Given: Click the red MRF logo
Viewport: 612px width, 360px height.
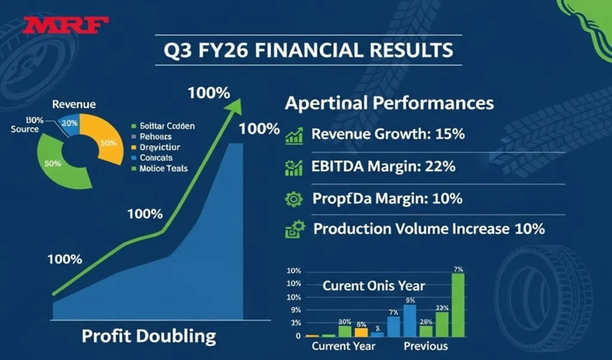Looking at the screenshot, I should (x=66, y=26).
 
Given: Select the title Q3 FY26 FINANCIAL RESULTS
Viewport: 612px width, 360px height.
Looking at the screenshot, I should (x=308, y=50).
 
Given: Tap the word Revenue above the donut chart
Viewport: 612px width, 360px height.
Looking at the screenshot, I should (x=74, y=104).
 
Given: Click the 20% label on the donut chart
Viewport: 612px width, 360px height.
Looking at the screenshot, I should (x=71, y=123).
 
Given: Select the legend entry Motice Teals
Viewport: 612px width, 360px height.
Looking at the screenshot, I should (x=163, y=169).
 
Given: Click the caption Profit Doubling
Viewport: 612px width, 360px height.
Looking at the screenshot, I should (x=148, y=336).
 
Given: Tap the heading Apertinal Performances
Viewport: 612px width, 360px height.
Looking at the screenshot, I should (x=389, y=103).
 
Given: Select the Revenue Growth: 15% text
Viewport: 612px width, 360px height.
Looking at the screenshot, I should (x=388, y=134).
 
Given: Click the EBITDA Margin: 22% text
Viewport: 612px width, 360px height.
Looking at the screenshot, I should (x=383, y=166).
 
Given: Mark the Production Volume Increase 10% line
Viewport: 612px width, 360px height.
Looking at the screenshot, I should (x=429, y=228).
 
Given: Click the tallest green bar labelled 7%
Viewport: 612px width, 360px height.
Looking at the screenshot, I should (x=458, y=305).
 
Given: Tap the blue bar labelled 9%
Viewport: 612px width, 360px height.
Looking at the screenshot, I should (x=410, y=321).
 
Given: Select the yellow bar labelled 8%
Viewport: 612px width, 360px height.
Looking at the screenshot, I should (x=361, y=332).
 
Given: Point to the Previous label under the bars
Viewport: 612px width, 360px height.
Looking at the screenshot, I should (x=426, y=346).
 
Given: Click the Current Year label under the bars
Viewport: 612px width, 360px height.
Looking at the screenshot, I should (x=344, y=346).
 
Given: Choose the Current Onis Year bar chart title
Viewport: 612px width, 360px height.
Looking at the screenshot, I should (x=374, y=286).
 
